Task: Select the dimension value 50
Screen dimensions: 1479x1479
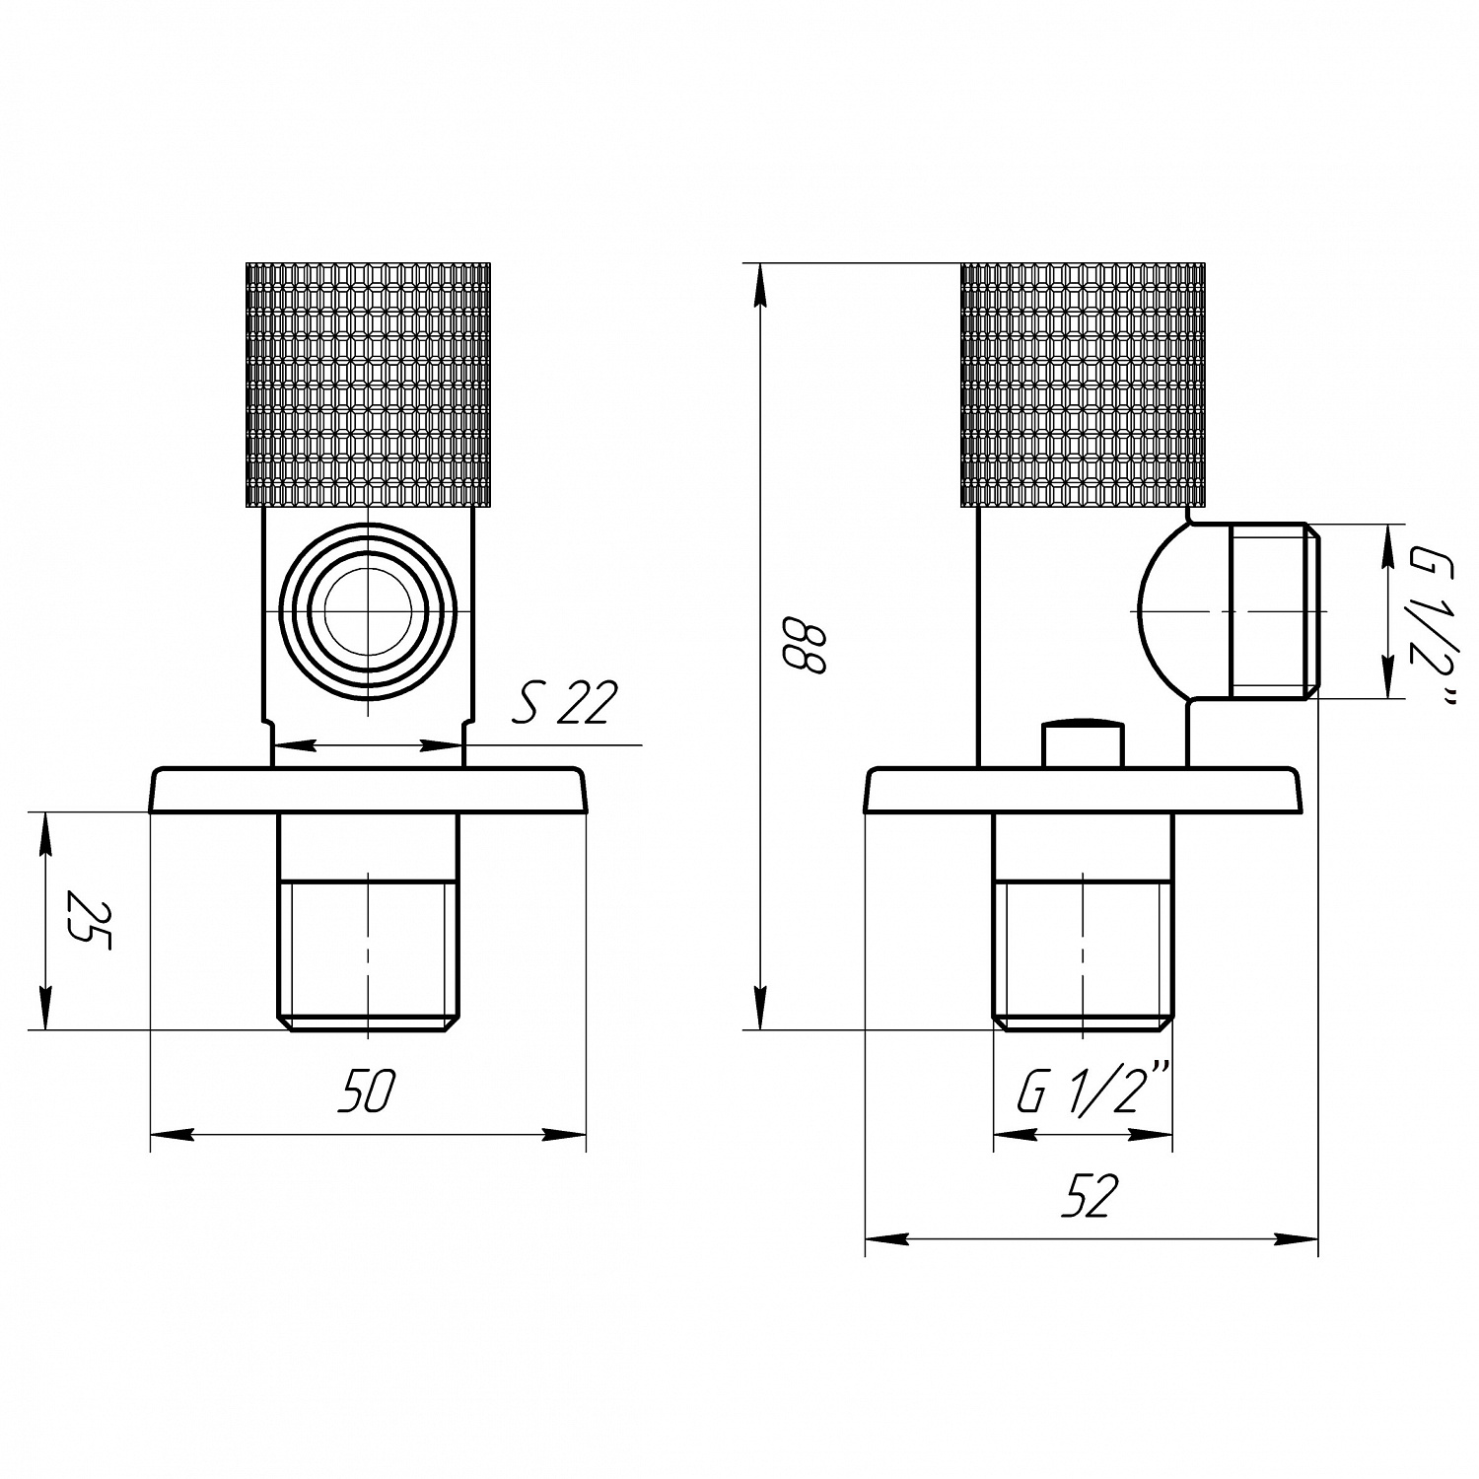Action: [366, 1092]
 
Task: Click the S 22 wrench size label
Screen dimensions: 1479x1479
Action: [565, 704]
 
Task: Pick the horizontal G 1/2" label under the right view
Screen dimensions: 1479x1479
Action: [1092, 1092]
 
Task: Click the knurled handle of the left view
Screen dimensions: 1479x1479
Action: [367, 385]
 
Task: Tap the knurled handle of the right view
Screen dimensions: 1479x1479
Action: [1083, 385]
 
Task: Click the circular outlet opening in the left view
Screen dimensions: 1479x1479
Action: [368, 612]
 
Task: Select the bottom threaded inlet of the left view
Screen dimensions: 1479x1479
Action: [368, 951]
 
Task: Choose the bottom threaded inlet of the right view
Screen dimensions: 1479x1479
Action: [1083, 951]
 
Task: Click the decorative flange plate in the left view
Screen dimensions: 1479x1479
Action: [368, 790]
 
